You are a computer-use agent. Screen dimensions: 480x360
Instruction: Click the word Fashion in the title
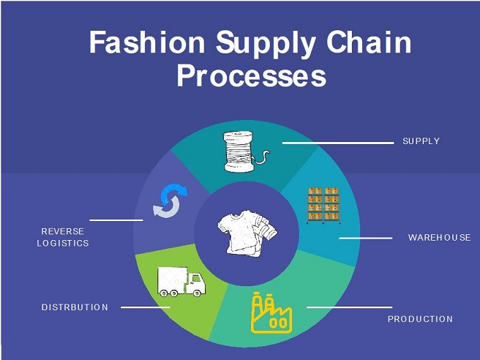(x=147, y=43)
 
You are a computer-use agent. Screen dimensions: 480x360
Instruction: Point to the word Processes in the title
(x=251, y=77)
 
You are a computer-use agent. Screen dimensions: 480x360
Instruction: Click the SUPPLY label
(x=421, y=141)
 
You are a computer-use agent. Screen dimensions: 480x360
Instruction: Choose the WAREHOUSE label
(x=439, y=238)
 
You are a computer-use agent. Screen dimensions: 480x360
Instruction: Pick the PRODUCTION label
(x=420, y=319)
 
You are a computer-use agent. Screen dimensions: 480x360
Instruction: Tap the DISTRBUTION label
(x=75, y=307)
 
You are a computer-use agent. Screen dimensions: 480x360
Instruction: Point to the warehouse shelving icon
(x=323, y=206)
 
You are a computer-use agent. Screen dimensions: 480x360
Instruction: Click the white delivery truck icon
(x=181, y=281)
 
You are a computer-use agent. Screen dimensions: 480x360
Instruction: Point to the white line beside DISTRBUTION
(x=146, y=307)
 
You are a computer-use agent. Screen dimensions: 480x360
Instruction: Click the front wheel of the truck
(x=194, y=292)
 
